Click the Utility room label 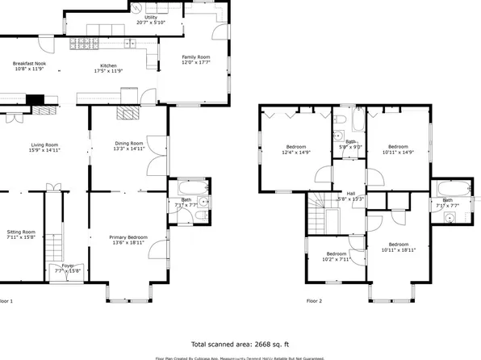pos(151,16)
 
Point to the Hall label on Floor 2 pos(351,194)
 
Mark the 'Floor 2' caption pos(314,299)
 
